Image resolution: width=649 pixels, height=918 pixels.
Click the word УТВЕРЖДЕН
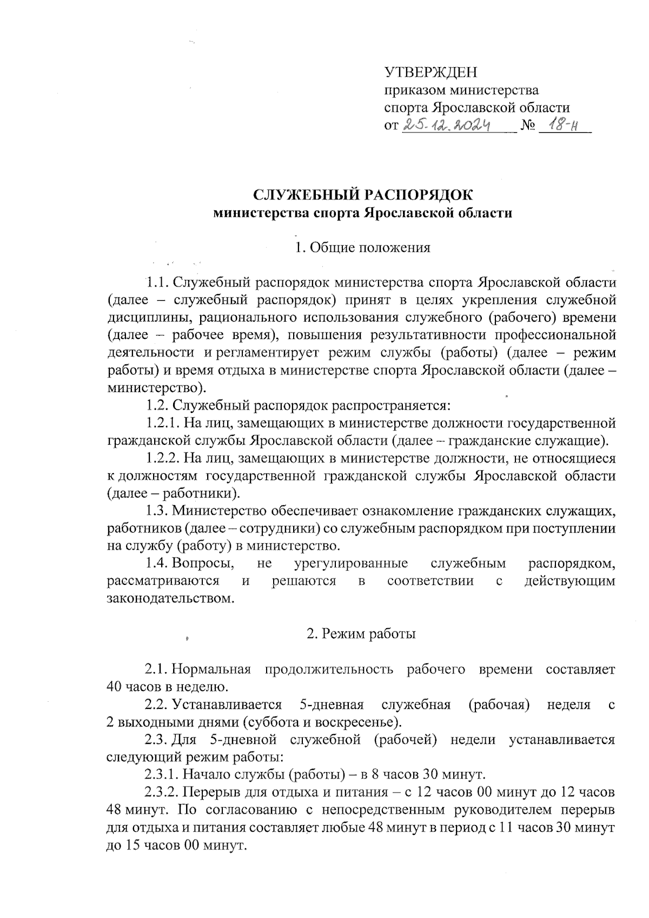coord(431,72)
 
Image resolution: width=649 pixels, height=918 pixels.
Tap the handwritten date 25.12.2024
coord(447,126)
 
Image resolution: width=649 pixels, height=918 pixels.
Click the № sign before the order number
coord(527,127)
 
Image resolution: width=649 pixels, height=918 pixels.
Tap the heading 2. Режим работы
coord(361,634)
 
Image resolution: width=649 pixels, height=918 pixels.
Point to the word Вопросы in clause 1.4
coord(203,563)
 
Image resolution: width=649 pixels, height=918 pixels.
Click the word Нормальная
coord(211,669)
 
